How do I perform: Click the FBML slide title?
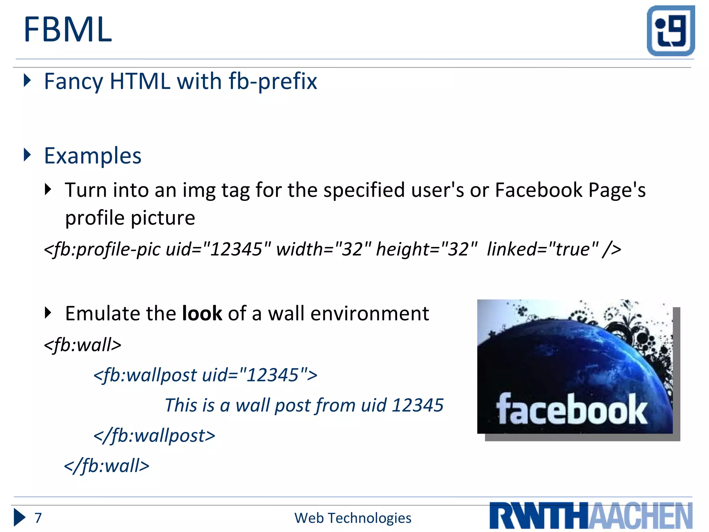click(68, 30)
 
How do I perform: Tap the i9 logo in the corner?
click(671, 30)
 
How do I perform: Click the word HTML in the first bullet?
click(140, 82)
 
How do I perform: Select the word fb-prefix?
click(273, 82)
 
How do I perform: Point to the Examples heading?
click(93, 156)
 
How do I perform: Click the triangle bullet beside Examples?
click(27, 155)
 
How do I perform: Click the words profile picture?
click(130, 218)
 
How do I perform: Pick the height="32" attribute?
click(427, 249)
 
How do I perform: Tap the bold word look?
click(202, 314)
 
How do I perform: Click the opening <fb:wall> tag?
click(83, 345)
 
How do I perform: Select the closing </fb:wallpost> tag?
click(154, 436)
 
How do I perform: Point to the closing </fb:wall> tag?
click(107, 466)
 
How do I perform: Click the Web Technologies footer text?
click(353, 518)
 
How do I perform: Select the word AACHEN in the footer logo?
click(640, 516)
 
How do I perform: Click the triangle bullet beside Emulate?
click(48, 313)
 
